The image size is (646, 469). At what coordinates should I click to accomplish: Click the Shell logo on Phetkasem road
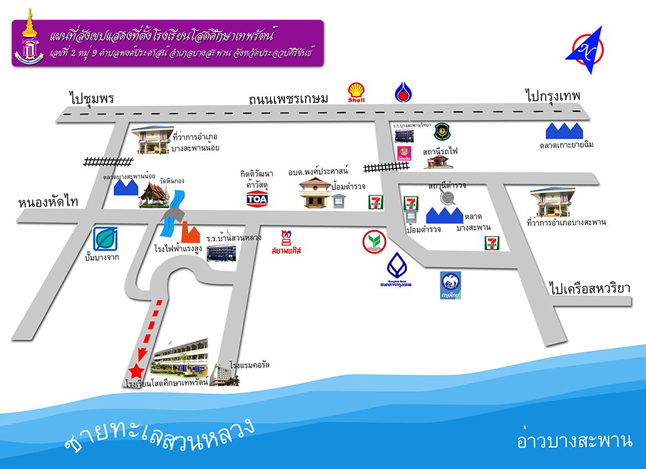(x=356, y=93)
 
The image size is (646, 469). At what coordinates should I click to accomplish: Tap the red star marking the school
(x=136, y=371)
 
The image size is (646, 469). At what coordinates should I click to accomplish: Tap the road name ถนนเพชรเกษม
(x=289, y=98)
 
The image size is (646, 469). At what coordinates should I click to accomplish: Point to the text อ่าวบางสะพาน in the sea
(x=574, y=442)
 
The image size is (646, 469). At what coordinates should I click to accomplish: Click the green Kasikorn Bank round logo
(x=374, y=241)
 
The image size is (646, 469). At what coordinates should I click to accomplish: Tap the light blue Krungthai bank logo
(x=452, y=285)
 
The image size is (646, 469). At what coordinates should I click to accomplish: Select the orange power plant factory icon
(x=189, y=231)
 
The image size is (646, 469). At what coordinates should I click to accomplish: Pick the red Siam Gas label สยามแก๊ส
(x=286, y=249)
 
